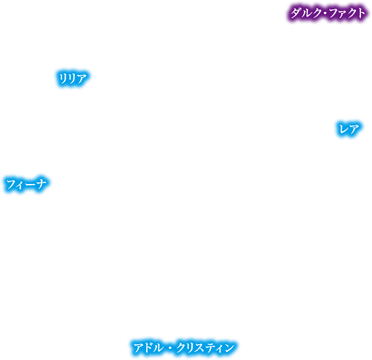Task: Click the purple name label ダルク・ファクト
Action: (x=328, y=13)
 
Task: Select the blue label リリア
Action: (x=73, y=78)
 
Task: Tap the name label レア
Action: (x=349, y=129)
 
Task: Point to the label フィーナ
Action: (x=26, y=184)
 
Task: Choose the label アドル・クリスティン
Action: (x=184, y=348)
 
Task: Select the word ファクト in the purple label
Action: (x=347, y=13)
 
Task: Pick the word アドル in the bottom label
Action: (x=148, y=348)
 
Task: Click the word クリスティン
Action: (x=205, y=348)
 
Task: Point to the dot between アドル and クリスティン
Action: (x=170, y=348)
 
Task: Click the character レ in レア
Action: (x=344, y=129)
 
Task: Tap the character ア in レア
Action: (x=354, y=129)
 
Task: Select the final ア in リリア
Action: (x=81, y=78)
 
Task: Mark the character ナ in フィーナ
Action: (x=41, y=184)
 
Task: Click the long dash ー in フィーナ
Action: (x=30, y=185)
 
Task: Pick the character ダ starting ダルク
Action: (x=295, y=13)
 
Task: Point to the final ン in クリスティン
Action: (x=229, y=348)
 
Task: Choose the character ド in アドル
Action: (x=148, y=348)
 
